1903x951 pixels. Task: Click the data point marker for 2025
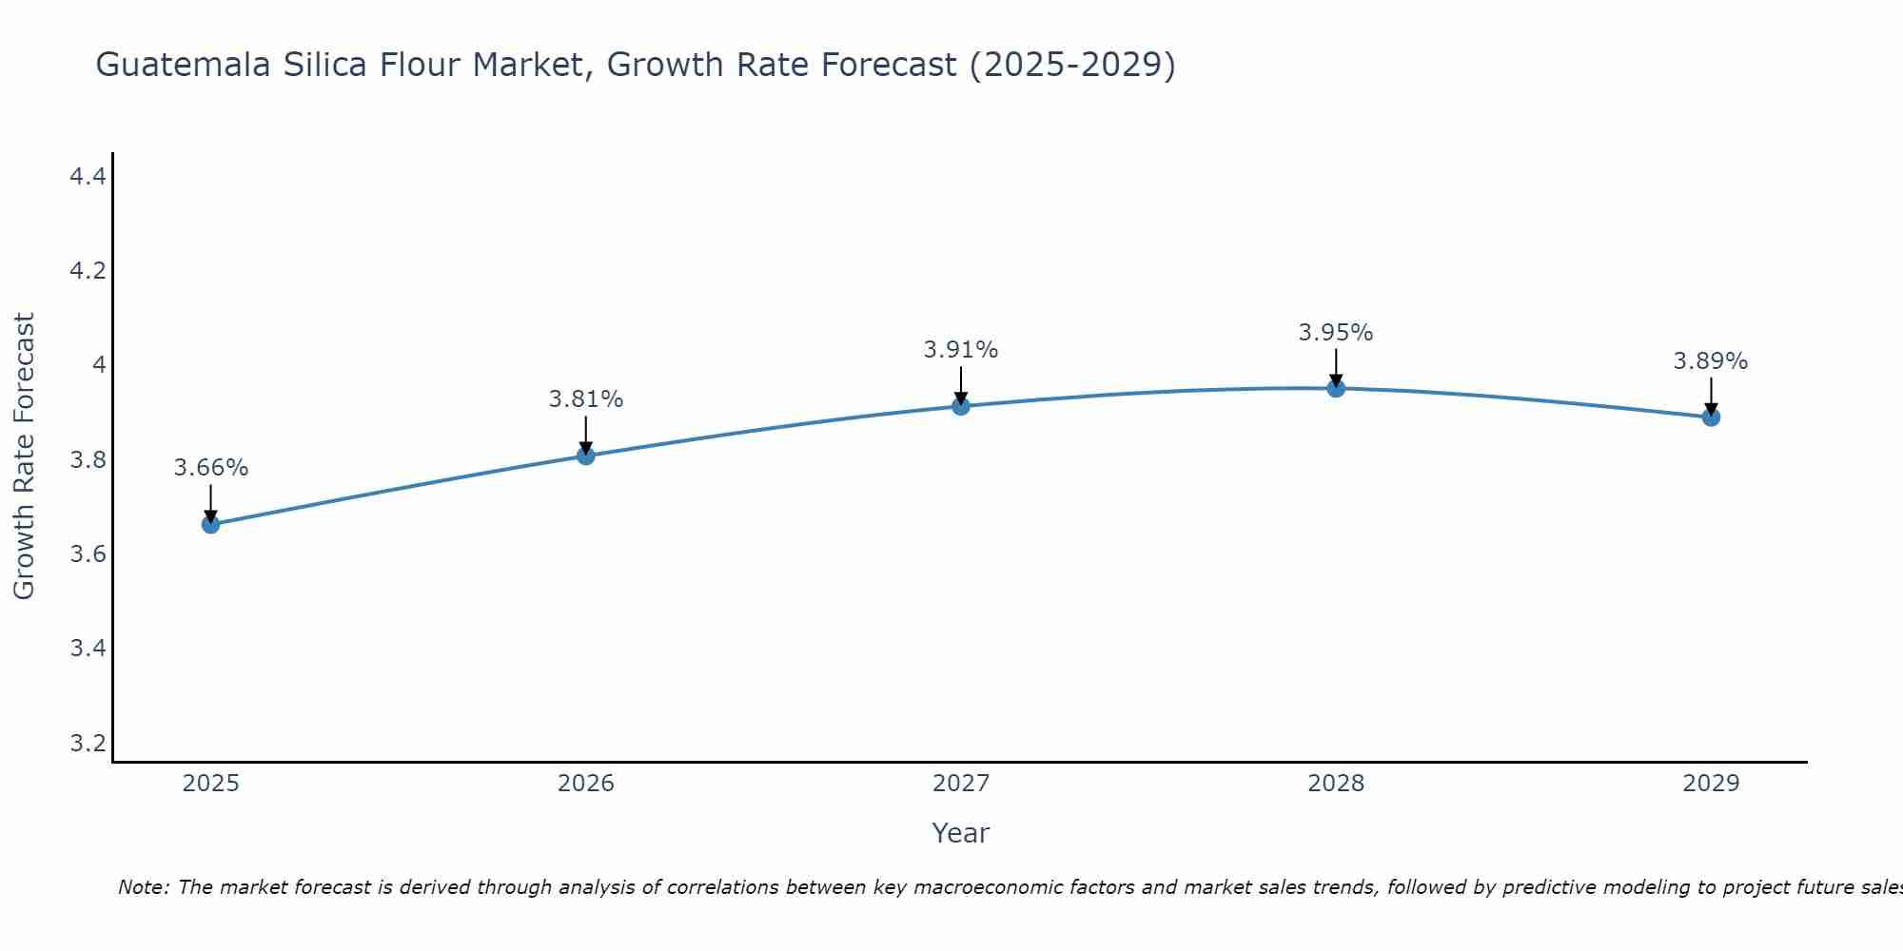210,524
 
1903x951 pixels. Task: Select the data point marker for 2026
585,456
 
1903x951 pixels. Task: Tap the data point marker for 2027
960,406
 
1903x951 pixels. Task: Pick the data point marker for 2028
1335,388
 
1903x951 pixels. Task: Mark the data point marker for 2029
1710,417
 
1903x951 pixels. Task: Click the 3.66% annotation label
210,468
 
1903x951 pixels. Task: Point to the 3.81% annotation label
585,399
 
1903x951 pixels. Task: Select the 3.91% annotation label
960,350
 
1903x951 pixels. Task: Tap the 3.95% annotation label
1335,333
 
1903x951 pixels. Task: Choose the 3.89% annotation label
1710,361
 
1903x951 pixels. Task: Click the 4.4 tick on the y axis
88,176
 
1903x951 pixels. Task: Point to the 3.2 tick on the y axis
88,743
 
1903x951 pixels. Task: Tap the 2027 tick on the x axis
960,784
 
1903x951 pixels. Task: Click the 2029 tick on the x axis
1710,784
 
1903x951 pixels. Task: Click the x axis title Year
960,833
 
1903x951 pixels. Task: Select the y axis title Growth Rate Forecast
24,456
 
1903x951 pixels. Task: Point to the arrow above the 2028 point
1335,366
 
